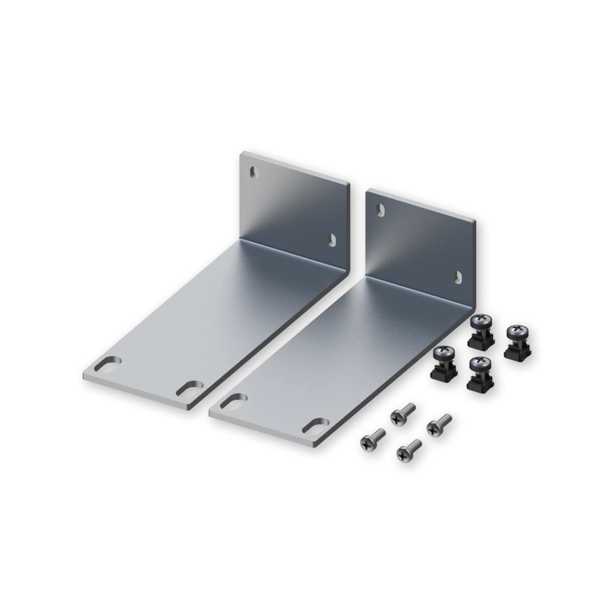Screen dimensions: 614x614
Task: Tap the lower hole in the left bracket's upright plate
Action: [x=332, y=239]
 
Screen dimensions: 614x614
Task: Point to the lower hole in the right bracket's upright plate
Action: [x=458, y=275]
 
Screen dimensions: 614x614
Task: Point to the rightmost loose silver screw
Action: [x=437, y=423]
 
